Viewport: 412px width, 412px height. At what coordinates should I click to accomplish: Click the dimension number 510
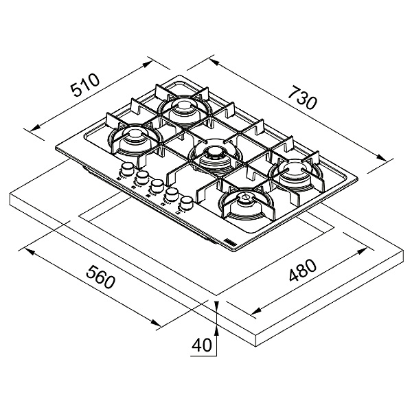pos(87,89)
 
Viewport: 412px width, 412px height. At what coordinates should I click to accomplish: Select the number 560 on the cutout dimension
pos(96,280)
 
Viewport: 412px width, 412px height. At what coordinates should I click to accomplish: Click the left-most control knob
pos(128,170)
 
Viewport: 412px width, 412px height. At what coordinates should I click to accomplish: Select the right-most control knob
pos(185,204)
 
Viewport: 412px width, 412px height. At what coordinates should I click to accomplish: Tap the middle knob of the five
pos(157,186)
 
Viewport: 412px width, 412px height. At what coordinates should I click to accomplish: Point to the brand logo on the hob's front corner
pos(228,240)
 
